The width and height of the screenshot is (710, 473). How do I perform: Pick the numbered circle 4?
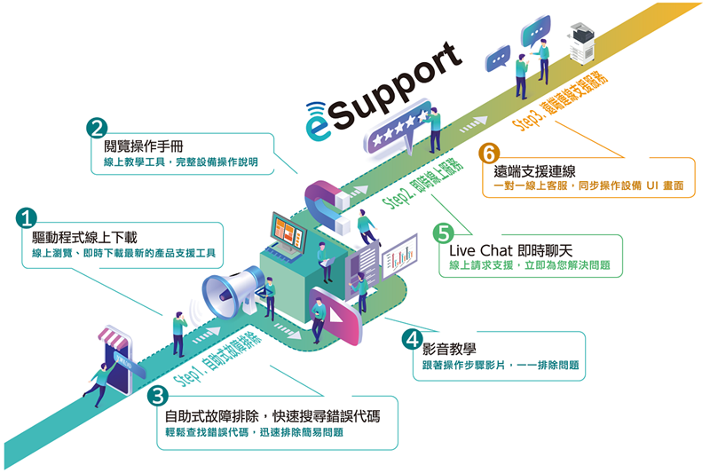(411, 339)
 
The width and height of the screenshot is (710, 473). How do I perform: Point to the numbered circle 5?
(443, 233)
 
